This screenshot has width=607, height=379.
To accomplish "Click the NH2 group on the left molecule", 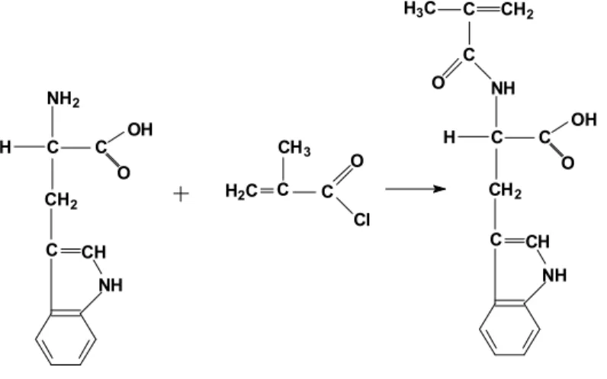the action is click(63, 99).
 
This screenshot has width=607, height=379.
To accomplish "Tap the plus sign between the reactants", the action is click(181, 194).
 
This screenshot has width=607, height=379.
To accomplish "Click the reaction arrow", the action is click(416, 189).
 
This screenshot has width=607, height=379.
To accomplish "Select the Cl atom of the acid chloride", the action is click(361, 220).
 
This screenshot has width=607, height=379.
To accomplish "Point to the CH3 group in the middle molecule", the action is click(294, 148).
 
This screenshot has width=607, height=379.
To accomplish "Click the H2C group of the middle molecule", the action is click(241, 191).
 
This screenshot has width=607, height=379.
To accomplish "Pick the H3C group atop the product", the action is click(420, 8).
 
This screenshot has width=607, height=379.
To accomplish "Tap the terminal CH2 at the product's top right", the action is click(518, 11).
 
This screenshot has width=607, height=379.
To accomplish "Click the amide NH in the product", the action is click(503, 88).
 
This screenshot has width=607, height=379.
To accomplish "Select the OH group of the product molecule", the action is click(584, 119).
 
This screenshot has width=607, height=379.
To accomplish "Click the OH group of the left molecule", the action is click(140, 130).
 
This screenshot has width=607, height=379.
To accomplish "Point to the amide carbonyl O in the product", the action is click(438, 82).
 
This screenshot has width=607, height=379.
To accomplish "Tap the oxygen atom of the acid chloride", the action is click(357, 161).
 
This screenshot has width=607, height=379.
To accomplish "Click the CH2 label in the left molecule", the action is click(61, 201).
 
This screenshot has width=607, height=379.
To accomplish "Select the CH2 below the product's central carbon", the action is click(505, 191).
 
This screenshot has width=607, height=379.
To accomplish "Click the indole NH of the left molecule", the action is click(111, 285).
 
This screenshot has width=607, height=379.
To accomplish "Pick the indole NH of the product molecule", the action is click(554, 275).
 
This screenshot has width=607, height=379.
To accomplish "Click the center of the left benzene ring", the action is click(66, 338).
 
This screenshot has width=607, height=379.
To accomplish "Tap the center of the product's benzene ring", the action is click(509, 328).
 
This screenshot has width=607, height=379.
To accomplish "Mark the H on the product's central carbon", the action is click(449, 137).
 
